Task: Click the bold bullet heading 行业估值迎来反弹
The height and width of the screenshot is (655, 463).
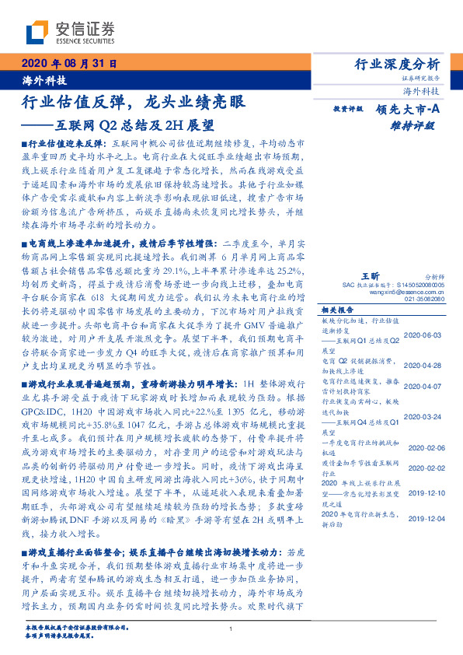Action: coord(64,145)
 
